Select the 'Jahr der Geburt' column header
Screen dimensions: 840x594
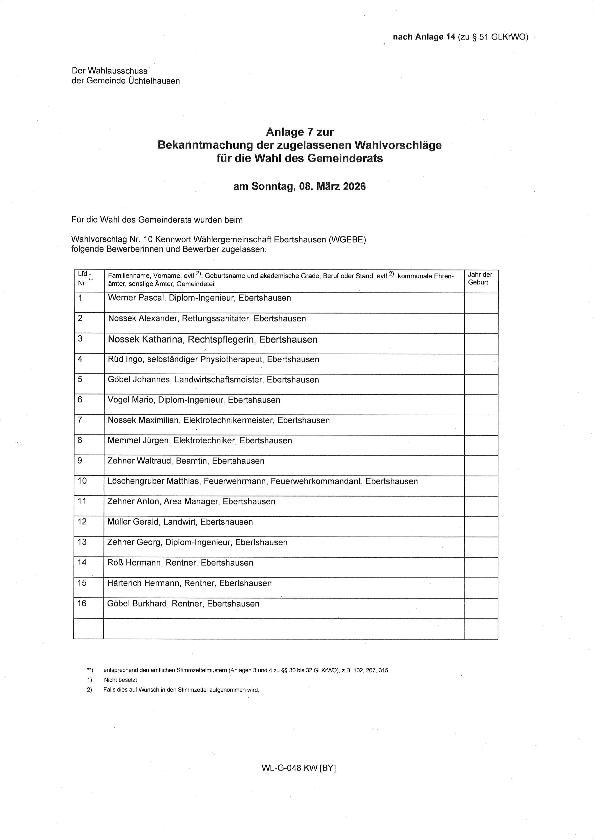[x=480, y=278]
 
